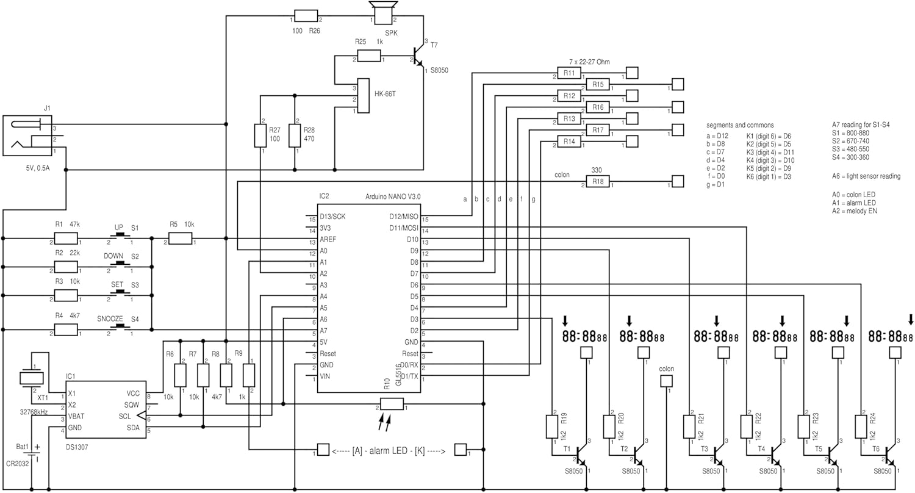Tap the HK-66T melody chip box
364,96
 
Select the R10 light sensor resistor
392,403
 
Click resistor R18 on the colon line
597,182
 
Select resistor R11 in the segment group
569,73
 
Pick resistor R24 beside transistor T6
861,426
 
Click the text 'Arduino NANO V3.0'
393,196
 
